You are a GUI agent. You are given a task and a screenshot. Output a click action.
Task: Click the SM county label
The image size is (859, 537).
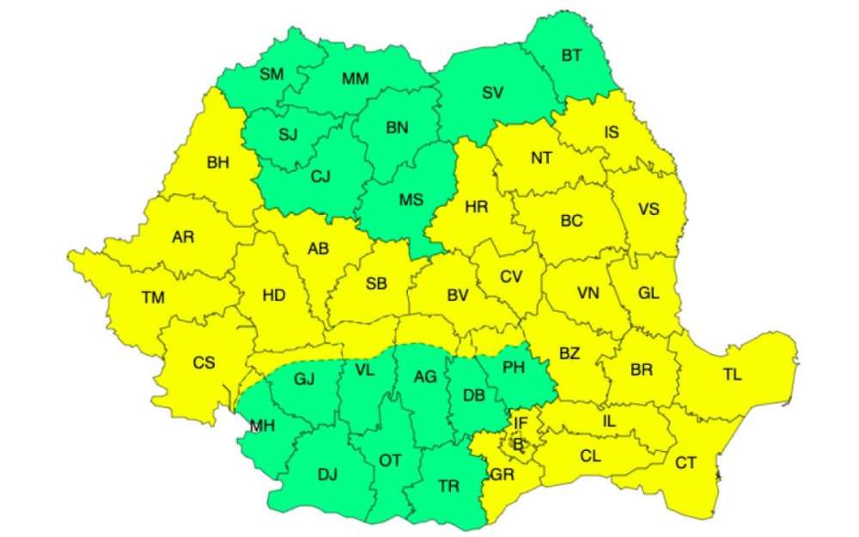coord(271,74)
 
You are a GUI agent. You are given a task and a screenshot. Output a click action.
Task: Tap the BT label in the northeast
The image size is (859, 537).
coord(572,56)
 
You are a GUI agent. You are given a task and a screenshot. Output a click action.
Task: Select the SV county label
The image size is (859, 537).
coord(492,93)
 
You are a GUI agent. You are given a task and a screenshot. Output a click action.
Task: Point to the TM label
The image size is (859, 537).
coord(153,298)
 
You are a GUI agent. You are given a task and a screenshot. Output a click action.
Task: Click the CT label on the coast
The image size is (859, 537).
coord(685,463)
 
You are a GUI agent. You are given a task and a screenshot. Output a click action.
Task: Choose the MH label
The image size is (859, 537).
coord(264,424)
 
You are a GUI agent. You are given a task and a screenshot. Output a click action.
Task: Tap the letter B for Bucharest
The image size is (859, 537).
coord(518,443)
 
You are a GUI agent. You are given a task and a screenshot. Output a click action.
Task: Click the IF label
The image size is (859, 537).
coord(521,423)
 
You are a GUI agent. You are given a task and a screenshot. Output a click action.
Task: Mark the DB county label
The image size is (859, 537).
coord(473,395)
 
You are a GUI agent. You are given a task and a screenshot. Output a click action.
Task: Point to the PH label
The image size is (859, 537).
coord(513,368)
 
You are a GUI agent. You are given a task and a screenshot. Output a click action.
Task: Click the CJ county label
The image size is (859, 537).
coord(320,176)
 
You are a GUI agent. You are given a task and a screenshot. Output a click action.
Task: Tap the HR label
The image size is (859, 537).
coord(477,207)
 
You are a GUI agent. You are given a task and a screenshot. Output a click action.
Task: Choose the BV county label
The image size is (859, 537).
coord(458,295)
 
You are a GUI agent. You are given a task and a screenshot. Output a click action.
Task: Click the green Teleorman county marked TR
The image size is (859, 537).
coord(448,485)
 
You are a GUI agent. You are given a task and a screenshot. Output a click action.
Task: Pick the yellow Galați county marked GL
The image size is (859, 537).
coord(649,292)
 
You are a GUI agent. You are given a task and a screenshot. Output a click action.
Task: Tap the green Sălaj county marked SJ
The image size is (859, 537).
coord(289,134)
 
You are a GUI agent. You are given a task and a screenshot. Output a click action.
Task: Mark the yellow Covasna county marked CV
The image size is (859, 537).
coord(512,276)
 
